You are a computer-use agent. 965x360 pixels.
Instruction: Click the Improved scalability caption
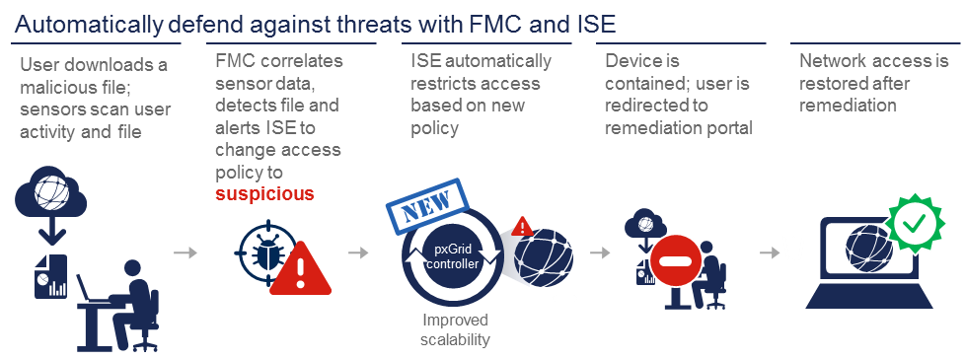(455, 329)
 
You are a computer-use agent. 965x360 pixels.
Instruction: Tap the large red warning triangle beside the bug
(299, 261)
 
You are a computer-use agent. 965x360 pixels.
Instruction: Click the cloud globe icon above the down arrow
(49, 195)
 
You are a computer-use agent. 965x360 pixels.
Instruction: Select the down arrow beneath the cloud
(47, 235)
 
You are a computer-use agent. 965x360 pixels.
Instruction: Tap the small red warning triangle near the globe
(524, 227)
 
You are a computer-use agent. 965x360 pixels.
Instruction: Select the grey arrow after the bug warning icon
(358, 253)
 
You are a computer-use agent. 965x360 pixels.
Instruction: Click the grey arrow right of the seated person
(185, 253)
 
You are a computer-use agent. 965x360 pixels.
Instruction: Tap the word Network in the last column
(831, 61)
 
